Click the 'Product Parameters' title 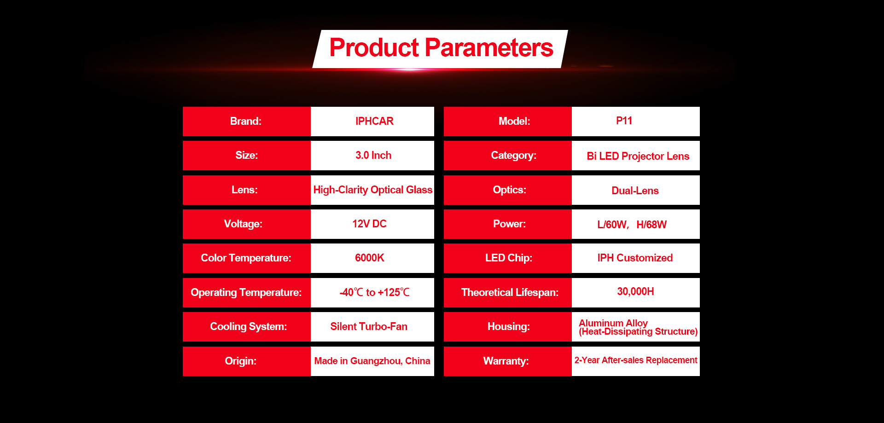tap(441, 48)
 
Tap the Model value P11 tap(624, 121)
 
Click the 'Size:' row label tap(246, 155)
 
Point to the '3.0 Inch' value tap(373, 155)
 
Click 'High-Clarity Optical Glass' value tap(372, 190)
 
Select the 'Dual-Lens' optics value tap(635, 191)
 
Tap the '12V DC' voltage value tap(369, 224)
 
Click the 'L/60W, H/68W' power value tap(632, 225)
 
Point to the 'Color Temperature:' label tap(246, 258)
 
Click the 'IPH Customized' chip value tap(635, 258)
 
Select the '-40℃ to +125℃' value tap(374, 292)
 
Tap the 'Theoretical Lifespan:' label tap(510, 292)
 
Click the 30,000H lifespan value tap(635, 291)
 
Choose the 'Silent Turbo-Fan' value tap(369, 326)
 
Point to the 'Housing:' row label tap(508, 326)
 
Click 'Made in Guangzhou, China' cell tap(372, 361)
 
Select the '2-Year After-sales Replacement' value tap(635, 360)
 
